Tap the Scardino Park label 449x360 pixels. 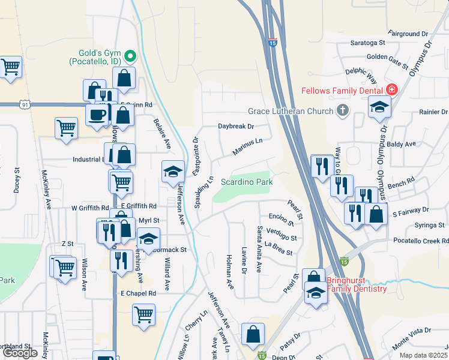point(247,182)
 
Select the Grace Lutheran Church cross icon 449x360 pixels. point(343,110)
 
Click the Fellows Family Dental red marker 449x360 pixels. point(391,90)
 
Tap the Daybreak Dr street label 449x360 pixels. point(236,127)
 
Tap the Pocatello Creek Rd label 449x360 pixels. point(421,240)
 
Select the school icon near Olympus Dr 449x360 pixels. point(379,107)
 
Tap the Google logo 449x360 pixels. point(19,353)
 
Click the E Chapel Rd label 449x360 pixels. point(138,293)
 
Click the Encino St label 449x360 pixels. point(282,219)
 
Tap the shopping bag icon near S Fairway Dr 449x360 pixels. point(376,215)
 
